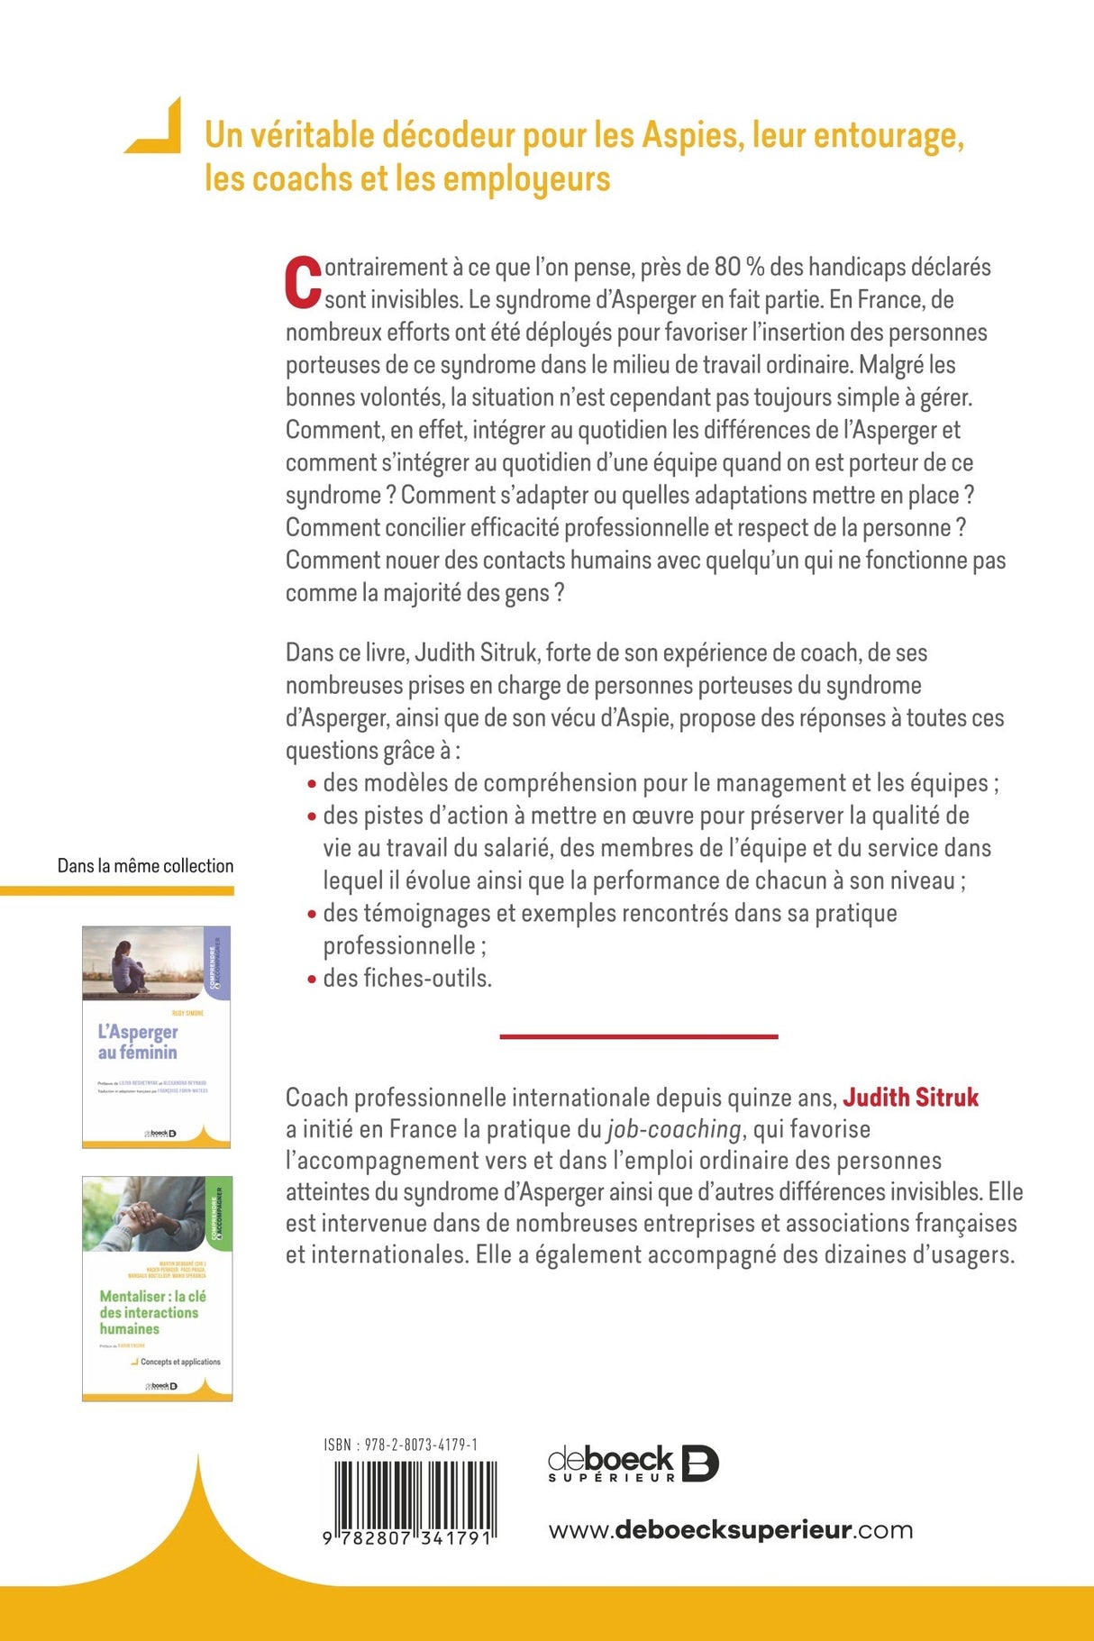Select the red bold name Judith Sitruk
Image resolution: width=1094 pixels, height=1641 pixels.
tap(910, 1097)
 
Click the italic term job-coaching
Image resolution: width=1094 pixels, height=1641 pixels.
tap(674, 1128)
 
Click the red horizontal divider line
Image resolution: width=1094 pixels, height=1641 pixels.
tap(638, 1036)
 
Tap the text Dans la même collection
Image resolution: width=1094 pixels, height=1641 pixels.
tap(145, 865)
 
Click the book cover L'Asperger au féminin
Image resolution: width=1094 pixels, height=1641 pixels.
tap(156, 1036)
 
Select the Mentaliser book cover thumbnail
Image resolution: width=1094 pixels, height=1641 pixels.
tap(157, 1288)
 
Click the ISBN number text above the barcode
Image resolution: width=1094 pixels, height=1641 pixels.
tap(400, 1445)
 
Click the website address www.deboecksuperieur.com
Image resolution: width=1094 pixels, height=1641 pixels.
tap(730, 1529)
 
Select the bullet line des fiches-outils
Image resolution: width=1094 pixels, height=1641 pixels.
tap(406, 978)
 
